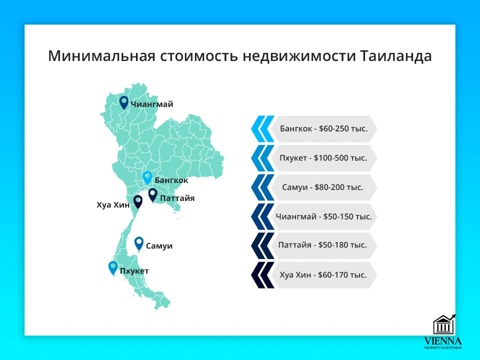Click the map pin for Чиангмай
[123, 102]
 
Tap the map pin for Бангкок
[147, 177]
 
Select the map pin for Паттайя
[153, 194]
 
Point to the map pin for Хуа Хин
[138, 201]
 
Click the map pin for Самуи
[139, 243]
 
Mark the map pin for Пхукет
[113, 267]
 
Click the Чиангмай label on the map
[151, 104]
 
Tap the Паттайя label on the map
[177, 198]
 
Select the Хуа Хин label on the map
[113, 204]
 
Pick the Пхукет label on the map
[134, 271]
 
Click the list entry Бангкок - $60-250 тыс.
[323, 129]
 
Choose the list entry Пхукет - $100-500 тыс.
[323, 158]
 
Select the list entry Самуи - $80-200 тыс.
[323, 187]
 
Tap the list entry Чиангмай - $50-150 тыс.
[323, 216]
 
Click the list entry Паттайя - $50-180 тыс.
[323, 245]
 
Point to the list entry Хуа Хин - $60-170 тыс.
[323, 275]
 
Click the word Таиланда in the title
[395, 56]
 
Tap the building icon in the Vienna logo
[443, 325]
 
